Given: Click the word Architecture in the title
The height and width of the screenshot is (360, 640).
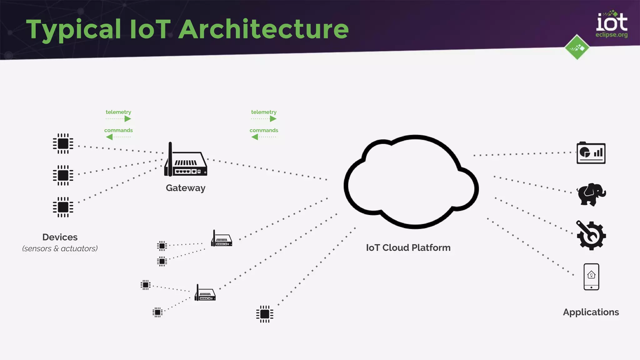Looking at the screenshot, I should (263, 29).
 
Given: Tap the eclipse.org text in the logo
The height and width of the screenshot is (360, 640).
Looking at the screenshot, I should (611, 35).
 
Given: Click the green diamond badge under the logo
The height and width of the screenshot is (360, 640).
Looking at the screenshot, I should (577, 47).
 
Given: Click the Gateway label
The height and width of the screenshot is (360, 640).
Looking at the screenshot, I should (185, 188).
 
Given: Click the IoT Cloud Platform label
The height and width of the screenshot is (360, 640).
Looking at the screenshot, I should (408, 248).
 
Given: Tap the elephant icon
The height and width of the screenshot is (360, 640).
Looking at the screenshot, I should (591, 194).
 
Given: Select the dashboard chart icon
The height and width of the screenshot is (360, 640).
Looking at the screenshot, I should (591, 153).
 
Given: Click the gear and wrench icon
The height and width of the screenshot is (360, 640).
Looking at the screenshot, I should (591, 236).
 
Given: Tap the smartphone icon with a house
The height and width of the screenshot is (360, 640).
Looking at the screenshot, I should (591, 277).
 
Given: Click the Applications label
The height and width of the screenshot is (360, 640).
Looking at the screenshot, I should (591, 312).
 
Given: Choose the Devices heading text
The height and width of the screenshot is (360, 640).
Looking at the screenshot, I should (60, 237).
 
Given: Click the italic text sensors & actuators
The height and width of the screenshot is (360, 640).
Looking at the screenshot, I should (60, 249).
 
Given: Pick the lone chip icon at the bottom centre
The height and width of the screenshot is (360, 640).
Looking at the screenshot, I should (264, 314).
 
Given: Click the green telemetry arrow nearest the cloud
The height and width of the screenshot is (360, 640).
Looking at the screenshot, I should (273, 119).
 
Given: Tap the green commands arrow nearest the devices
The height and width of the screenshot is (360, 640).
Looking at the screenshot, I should (109, 137).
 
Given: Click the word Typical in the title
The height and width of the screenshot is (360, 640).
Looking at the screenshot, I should (73, 30).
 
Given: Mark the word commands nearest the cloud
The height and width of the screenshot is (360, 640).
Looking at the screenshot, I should (264, 130).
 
